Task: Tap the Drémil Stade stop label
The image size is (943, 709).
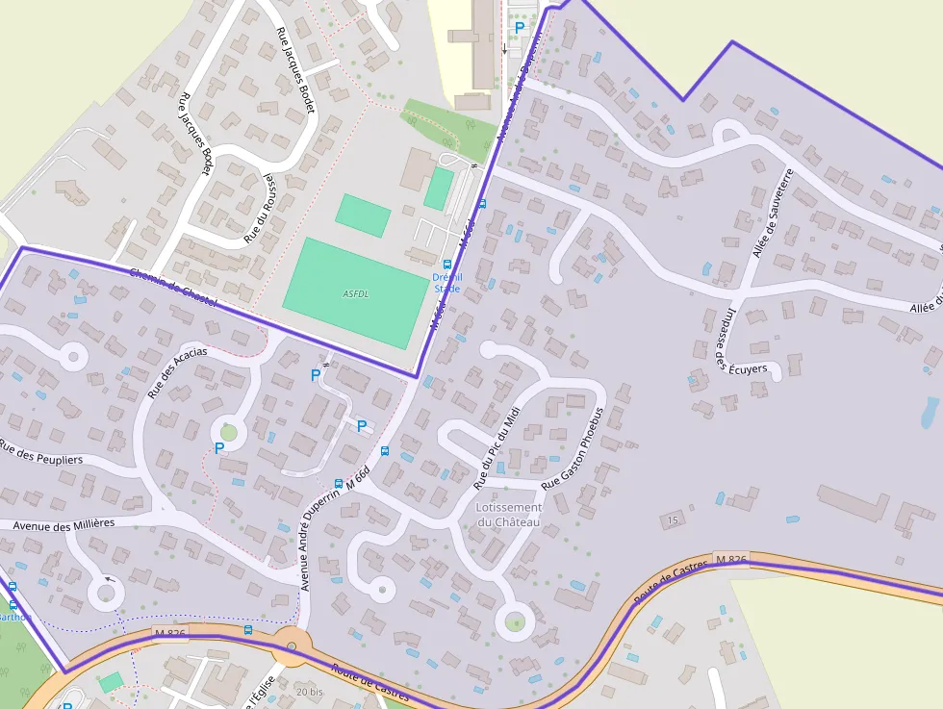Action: coord(446,283)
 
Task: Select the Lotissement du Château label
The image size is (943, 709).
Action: coord(509,514)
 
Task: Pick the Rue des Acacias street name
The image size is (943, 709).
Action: coord(177,372)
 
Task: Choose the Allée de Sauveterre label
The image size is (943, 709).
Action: coord(771,214)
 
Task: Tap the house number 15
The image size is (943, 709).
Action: coord(673,520)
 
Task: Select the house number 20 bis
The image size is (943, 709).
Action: coord(310,693)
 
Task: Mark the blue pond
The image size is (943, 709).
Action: coord(930,413)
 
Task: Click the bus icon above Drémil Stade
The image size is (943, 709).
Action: coord(446,264)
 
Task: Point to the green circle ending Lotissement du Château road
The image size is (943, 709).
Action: coord(515,622)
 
